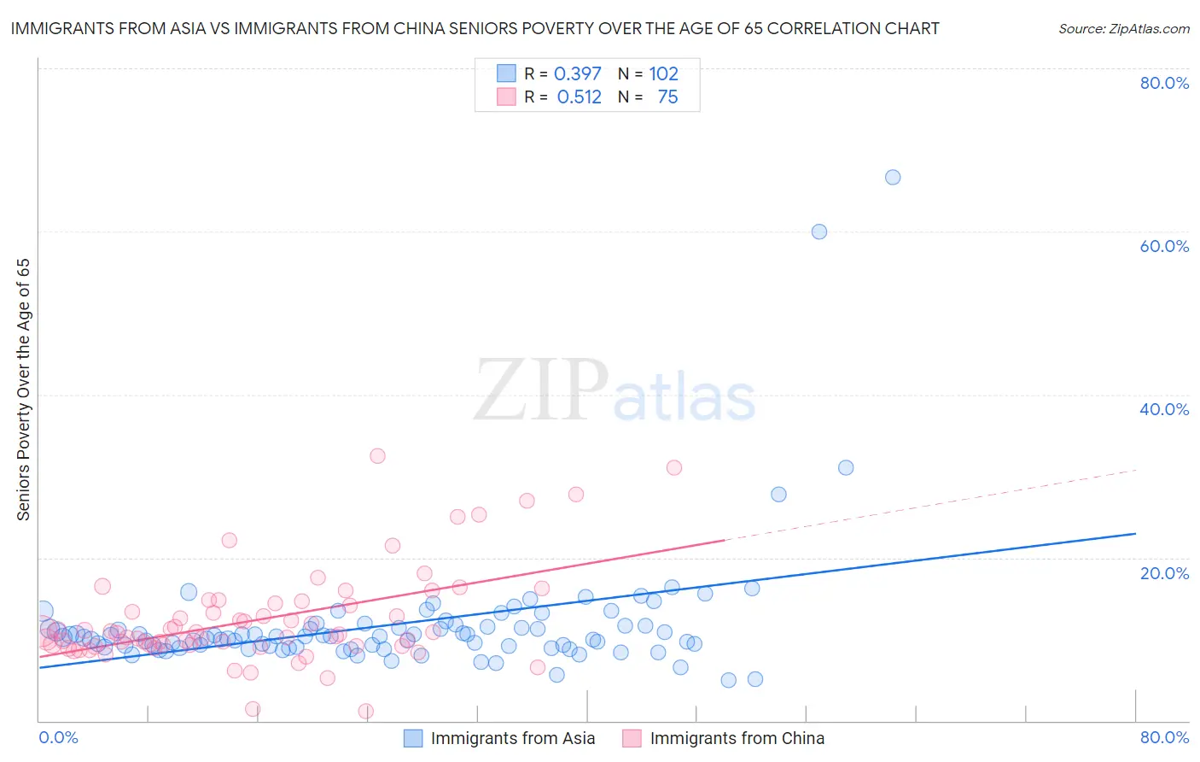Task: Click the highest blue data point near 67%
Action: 893,178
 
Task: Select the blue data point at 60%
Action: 819,232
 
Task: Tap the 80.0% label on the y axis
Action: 1164,83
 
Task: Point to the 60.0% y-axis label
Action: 1164,246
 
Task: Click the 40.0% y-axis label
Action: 1164,409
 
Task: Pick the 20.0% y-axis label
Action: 1164,573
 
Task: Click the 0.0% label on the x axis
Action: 59,737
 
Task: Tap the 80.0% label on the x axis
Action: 1164,737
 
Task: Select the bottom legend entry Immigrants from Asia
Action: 512,738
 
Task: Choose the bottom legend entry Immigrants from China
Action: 737,738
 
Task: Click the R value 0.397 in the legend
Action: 578,74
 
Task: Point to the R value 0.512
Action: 579,97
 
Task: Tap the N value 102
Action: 663,74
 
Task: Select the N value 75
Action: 667,97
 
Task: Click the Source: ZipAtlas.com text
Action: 1123,29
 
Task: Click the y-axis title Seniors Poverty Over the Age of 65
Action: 24,390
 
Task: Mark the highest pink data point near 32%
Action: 377,456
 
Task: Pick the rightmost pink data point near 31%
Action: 674,467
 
